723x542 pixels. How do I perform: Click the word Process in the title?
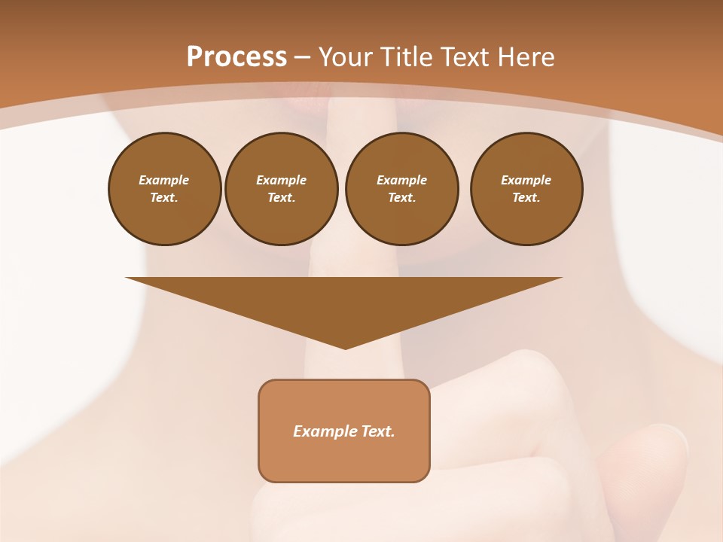click(236, 57)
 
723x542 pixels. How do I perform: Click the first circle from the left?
click(165, 189)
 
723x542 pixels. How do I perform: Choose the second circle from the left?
click(282, 189)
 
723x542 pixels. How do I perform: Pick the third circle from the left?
click(402, 189)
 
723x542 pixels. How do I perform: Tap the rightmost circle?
click(526, 189)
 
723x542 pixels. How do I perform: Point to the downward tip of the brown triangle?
click(345, 347)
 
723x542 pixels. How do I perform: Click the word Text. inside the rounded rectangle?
click(379, 431)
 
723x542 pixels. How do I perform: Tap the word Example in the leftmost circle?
click(164, 180)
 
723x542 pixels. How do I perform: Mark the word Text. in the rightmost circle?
click(526, 198)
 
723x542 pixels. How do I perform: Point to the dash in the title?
click(302, 57)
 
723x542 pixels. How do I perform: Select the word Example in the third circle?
click(402, 180)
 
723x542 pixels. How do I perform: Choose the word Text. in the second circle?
click(282, 198)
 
